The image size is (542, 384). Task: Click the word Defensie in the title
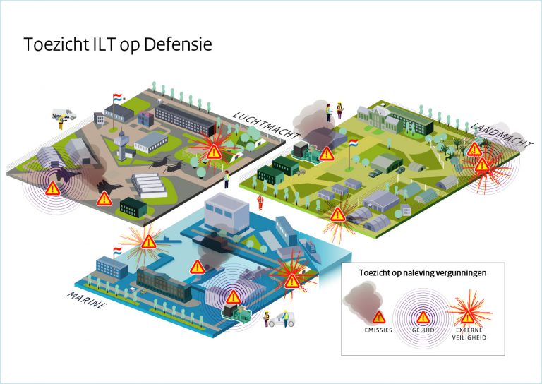coord(177,44)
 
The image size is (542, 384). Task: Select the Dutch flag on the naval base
coord(117,250)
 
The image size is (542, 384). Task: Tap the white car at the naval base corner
coord(286,320)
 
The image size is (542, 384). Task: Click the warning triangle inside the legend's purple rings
coord(423,316)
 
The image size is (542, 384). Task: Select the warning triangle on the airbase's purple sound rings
coord(52,188)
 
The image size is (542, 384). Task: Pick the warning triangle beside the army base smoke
coord(326,154)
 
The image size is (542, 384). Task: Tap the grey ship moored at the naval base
coord(311,248)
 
